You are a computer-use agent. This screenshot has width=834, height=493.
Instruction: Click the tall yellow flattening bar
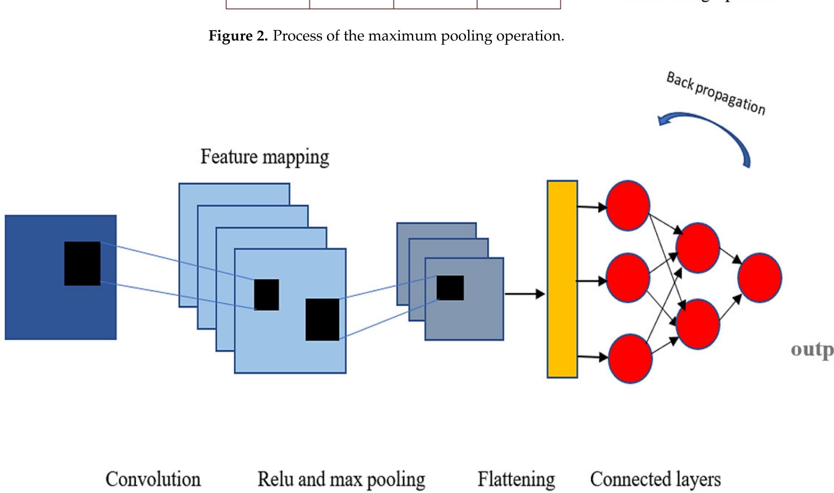pos(562,279)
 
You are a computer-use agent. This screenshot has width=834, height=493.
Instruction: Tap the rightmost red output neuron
pos(760,278)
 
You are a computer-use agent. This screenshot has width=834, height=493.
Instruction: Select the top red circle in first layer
pos(628,206)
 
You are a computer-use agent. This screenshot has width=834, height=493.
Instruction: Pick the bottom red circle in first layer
pos(630,358)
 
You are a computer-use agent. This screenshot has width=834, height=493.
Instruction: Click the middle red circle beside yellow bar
pos(628,278)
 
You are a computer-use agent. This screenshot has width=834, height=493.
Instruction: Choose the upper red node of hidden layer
pos(698,247)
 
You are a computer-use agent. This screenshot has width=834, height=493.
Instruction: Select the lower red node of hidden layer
pos(698,324)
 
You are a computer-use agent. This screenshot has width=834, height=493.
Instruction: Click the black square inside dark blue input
pos(82,263)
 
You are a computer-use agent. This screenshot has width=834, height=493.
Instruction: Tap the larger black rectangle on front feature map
pos(322,319)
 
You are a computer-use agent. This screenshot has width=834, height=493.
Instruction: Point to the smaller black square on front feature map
pos(266,295)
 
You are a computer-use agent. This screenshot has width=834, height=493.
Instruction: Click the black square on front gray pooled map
pos(450,288)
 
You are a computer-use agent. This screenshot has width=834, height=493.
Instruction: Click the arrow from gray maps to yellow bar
pos(524,294)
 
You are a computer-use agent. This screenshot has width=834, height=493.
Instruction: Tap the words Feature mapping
pos(265,157)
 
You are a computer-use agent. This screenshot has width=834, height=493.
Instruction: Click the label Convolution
pos(153,479)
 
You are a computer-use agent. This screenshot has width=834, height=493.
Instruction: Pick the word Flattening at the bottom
pos(516,479)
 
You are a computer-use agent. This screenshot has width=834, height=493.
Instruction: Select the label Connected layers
pos(655,479)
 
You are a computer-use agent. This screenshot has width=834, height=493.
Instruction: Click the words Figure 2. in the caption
pos(238,36)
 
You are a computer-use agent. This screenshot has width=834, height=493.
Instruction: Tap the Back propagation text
pos(715,93)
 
